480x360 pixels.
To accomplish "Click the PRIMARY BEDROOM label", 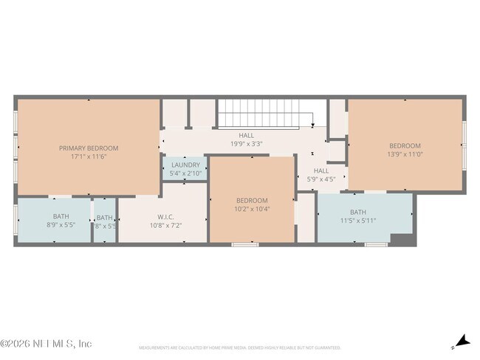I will (89, 148).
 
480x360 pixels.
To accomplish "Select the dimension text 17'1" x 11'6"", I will (89, 157).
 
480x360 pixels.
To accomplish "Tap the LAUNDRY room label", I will (185, 165).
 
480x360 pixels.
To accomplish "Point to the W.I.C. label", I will (165, 217).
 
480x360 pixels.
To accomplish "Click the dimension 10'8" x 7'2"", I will (165, 226).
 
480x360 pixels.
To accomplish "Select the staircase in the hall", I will (266, 114).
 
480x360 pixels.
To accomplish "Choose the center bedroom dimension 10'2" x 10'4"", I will (253, 210).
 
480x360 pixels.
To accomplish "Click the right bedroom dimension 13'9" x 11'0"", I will (405, 155).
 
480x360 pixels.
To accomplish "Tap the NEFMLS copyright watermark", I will (46, 344).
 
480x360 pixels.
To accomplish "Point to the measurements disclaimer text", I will (240, 347).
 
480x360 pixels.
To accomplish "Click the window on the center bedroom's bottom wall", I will (245, 243).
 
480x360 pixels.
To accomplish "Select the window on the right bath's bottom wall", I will (376, 243).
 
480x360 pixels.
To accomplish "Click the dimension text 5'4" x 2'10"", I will (185, 174).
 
